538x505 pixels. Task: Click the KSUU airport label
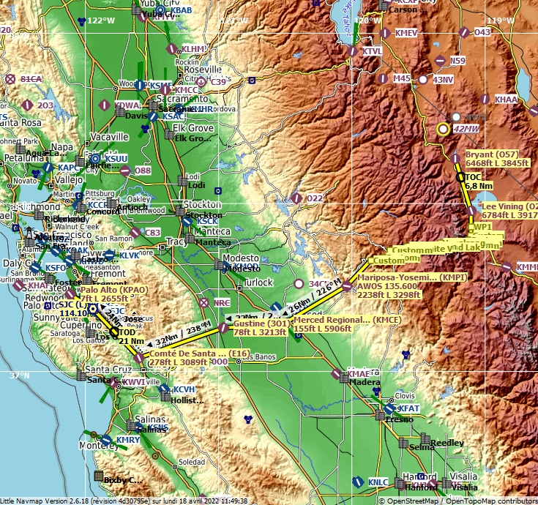(x=116, y=159)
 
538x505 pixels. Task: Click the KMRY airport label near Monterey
(x=127, y=440)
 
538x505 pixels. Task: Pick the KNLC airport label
(x=378, y=482)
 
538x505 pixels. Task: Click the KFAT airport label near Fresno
(x=408, y=408)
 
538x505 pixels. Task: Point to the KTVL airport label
(x=372, y=51)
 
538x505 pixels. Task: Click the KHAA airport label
(x=506, y=99)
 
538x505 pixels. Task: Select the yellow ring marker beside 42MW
(x=443, y=130)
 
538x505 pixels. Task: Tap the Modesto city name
(x=240, y=258)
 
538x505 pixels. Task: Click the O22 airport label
(x=314, y=198)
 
